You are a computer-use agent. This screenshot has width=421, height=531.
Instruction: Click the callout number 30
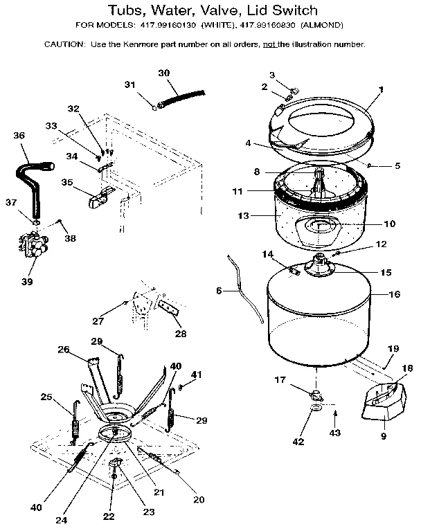[163, 73]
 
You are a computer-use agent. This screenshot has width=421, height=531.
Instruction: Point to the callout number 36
[19, 135]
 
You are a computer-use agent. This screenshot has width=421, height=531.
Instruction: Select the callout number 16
[395, 294]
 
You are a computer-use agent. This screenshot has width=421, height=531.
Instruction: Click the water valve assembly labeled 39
[31, 246]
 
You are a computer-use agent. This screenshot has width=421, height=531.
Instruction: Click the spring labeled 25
[74, 423]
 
